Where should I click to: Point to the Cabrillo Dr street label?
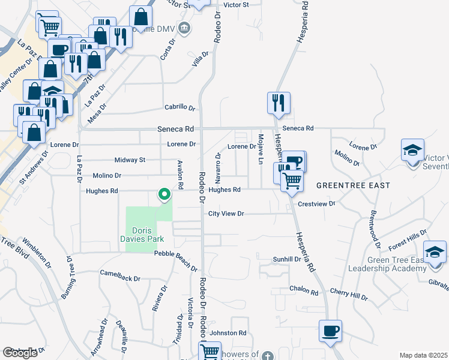pyautogui.click(x=181, y=108)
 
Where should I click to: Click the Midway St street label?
pyautogui.click(x=130, y=160)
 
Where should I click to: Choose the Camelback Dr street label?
pyautogui.click(x=120, y=278)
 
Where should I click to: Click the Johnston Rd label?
pyautogui.click(x=229, y=332)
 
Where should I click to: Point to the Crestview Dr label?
pyautogui.click(x=316, y=204)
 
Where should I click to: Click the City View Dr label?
pyautogui.click(x=226, y=214)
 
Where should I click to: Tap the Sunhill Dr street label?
pyautogui.click(x=287, y=259)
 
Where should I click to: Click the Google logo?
pyautogui.click(x=20, y=353)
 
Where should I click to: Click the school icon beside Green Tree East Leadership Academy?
pyautogui.click(x=435, y=253)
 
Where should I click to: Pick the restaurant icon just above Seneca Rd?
pyautogui.click(x=279, y=103)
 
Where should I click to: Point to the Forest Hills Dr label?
pyautogui.click(x=407, y=238)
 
